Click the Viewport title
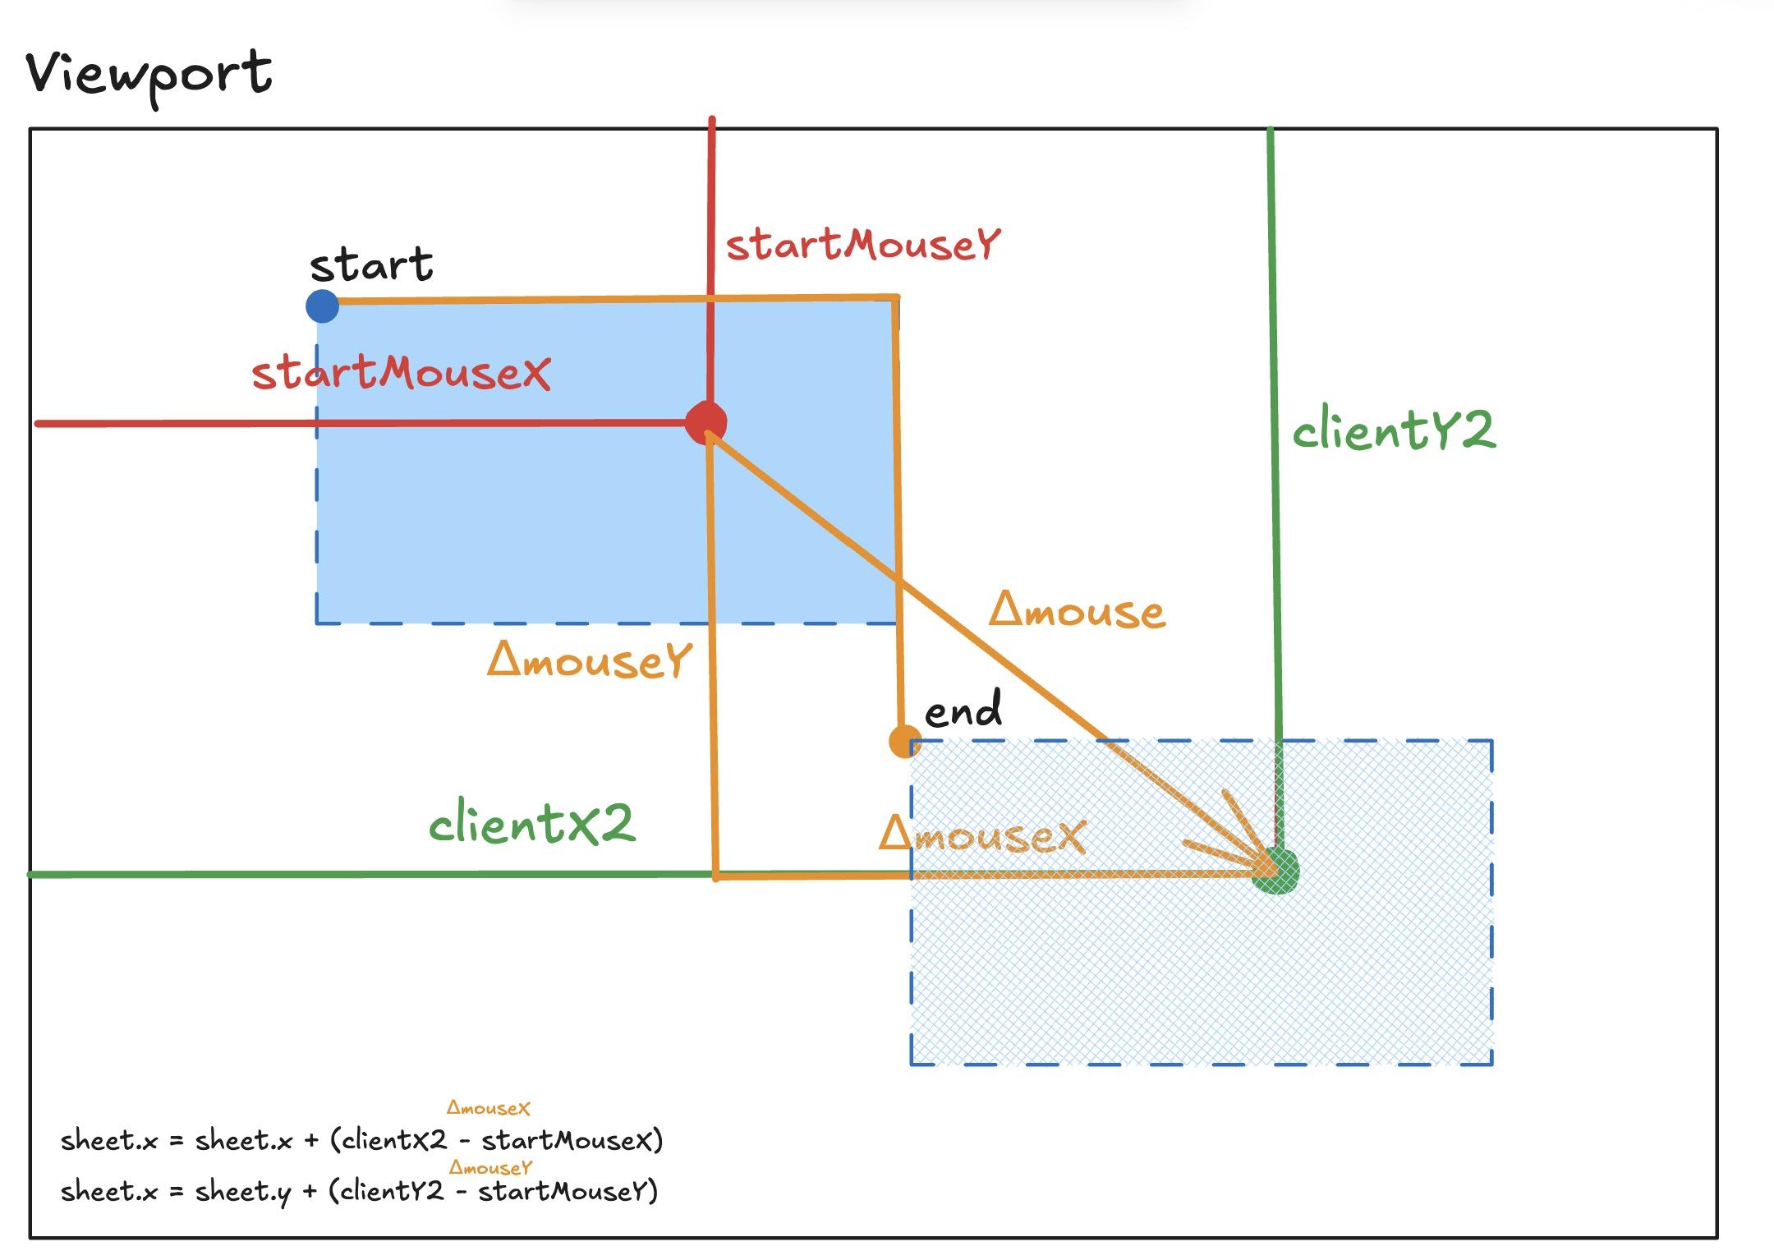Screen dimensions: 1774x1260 click(x=149, y=76)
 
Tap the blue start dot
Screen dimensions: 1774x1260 click(x=322, y=306)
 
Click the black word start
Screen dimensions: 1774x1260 click(x=371, y=264)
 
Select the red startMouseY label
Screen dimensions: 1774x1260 click(x=863, y=245)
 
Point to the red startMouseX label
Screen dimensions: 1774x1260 click(x=401, y=373)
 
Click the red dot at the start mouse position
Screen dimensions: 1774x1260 click(x=706, y=422)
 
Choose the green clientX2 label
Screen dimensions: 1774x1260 click(x=532, y=822)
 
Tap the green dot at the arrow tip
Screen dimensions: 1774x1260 click(x=1275, y=871)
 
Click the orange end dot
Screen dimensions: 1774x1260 click(x=905, y=742)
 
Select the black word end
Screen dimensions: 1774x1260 click(x=963, y=709)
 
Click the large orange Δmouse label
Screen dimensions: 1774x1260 click(x=1078, y=610)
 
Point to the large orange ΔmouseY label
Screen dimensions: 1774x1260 click(x=590, y=660)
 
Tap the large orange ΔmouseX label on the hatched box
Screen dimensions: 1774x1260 click(x=982, y=835)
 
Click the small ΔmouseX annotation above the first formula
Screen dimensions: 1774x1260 click(x=489, y=1108)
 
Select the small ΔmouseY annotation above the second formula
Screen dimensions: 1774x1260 click(x=491, y=1167)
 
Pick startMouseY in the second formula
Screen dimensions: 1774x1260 click(x=564, y=1191)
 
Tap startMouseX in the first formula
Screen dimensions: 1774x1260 click(x=568, y=1140)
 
